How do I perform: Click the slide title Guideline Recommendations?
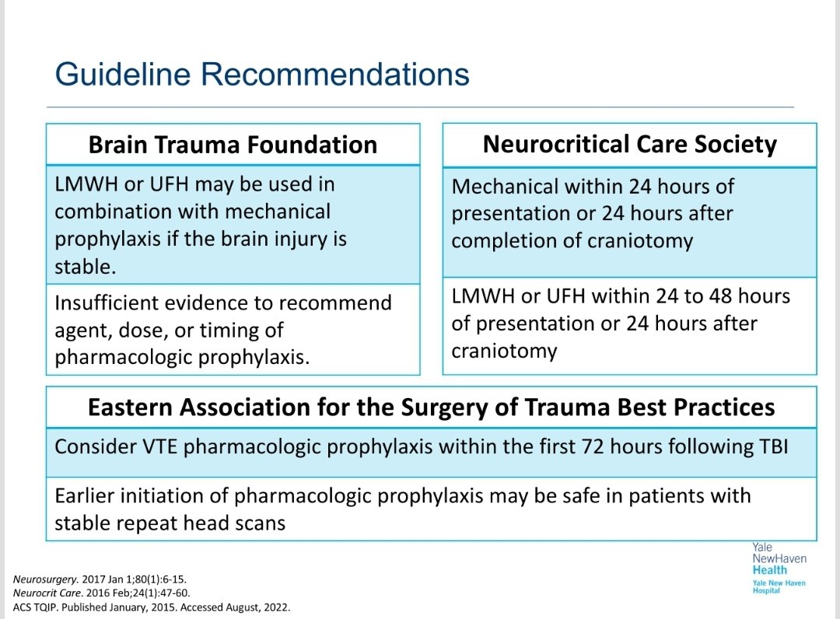coord(262,75)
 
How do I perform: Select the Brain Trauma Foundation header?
coord(233,145)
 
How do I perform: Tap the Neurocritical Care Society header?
coord(629,145)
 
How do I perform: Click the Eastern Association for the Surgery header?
coord(431,408)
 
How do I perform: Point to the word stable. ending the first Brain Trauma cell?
coord(86,268)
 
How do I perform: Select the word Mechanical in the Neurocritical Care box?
coord(505,187)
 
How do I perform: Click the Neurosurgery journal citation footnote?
coord(100,579)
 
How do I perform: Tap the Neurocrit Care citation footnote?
coord(101,593)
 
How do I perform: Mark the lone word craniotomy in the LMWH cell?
coord(504,351)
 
